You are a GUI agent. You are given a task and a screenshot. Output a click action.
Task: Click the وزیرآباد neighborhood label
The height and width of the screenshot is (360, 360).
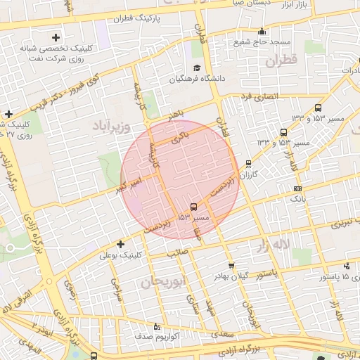click(109, 126)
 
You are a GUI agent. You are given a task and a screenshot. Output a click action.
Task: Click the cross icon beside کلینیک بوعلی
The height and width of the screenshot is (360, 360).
click(121, 245)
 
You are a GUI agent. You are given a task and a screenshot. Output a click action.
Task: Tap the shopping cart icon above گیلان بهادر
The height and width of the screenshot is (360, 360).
click(231, 266)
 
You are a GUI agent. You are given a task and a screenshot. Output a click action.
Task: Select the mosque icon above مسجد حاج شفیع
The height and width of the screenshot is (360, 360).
click(262, 30)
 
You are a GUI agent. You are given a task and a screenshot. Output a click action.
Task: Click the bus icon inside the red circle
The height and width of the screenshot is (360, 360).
click(193, 207)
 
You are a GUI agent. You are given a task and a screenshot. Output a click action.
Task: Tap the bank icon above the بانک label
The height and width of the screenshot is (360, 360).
click(297, 188)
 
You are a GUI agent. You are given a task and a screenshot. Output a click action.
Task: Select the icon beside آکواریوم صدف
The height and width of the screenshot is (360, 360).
click(157, 326)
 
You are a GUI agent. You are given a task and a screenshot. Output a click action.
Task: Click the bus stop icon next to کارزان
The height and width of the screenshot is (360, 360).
click(248, 164)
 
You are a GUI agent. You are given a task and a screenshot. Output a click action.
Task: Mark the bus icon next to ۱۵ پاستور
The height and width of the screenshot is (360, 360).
click(347, 267)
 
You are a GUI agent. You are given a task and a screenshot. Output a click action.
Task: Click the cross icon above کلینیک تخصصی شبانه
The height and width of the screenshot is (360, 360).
click(56, 37)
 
